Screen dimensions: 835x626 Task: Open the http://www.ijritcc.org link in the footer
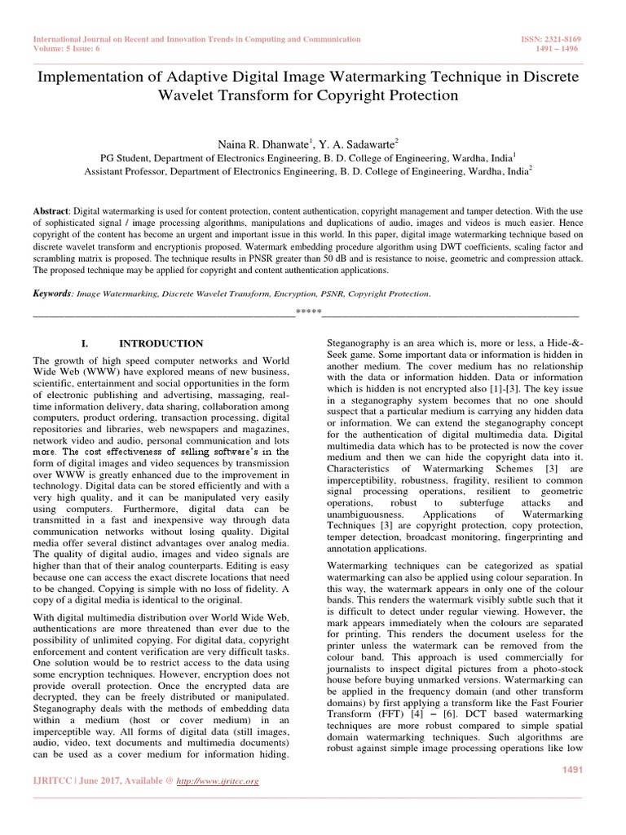(x=222, y=782)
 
